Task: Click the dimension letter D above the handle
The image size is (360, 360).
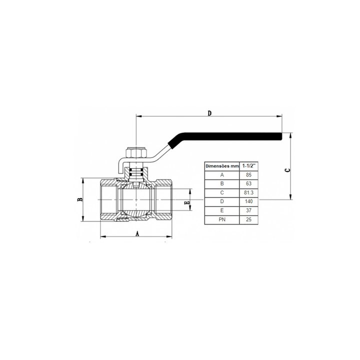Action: point(209,113)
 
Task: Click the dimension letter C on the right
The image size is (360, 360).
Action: point(287,170)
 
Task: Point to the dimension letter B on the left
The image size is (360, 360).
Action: point(79,199)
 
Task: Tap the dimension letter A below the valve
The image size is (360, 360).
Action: point(137,234)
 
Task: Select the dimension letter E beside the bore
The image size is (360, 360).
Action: point(187,202)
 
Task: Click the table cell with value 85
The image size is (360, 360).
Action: point(248,175)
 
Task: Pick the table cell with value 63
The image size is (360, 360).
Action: point(248,183)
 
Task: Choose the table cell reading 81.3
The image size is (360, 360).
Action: point(248,192)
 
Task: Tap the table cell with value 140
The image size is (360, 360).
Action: point(248,201)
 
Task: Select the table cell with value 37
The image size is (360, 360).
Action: point(248,210)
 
